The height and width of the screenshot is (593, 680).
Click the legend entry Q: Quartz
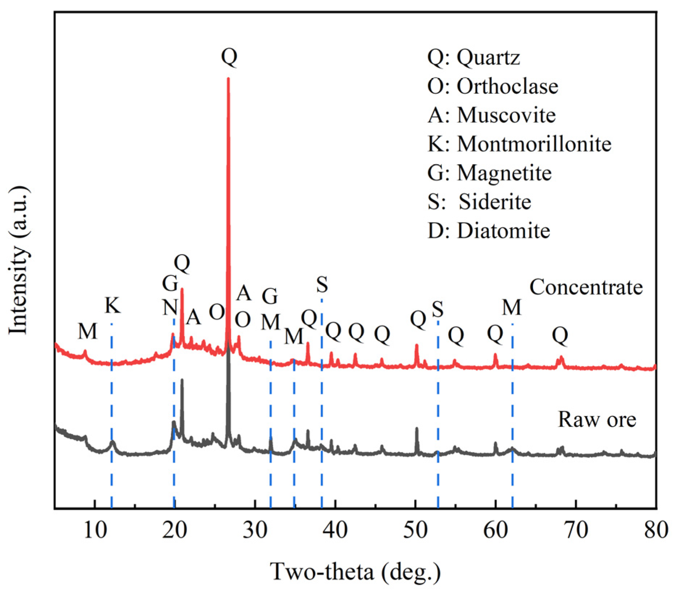coord(473,57)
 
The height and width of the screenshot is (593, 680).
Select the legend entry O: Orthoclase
coord(492,86)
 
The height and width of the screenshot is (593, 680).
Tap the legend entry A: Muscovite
coord(491,115)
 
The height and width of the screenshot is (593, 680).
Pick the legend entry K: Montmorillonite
coord(519,144)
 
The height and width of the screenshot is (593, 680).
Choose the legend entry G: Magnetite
coord(489,173)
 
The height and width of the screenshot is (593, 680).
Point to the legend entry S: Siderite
coord(479,202)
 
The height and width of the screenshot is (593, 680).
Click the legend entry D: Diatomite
coord(488,231)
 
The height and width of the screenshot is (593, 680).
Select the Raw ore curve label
coord(597,420)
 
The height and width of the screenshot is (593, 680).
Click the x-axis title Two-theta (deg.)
coord(356,572)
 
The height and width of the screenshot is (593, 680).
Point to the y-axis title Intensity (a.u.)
coord(18,261)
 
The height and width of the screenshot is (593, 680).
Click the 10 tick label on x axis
coord(95,530)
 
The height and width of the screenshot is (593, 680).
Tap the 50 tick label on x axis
coord(415,530)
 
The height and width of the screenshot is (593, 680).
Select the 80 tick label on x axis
coord(656,530)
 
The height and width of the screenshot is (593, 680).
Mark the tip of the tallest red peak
coord(228,79)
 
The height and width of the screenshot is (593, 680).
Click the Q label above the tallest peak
coord(229,56)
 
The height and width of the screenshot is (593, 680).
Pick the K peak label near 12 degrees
coord(112,305)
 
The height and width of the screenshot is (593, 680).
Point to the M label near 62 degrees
coord(511,307)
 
